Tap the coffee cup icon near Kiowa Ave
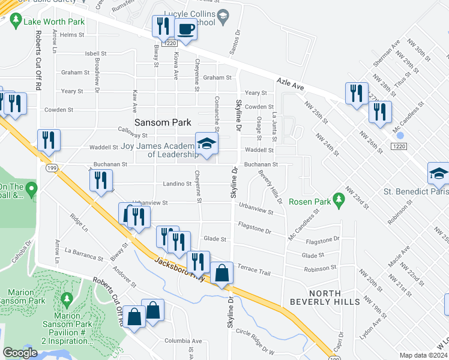pos(185,29)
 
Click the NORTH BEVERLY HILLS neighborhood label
pos(326,297)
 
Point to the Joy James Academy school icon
pos(206,144)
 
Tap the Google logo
pos(20,352)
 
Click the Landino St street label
pos(176,184)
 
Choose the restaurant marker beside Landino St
pos(101,179)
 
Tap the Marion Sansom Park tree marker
pos(66,298)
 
